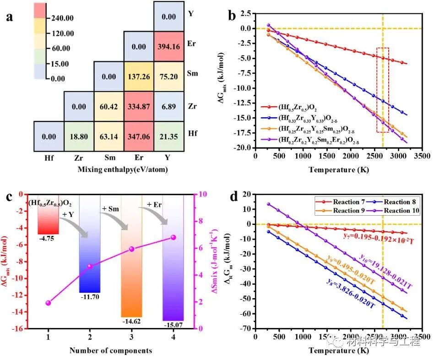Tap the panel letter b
pos(232,17)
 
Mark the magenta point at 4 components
pos(173,237)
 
